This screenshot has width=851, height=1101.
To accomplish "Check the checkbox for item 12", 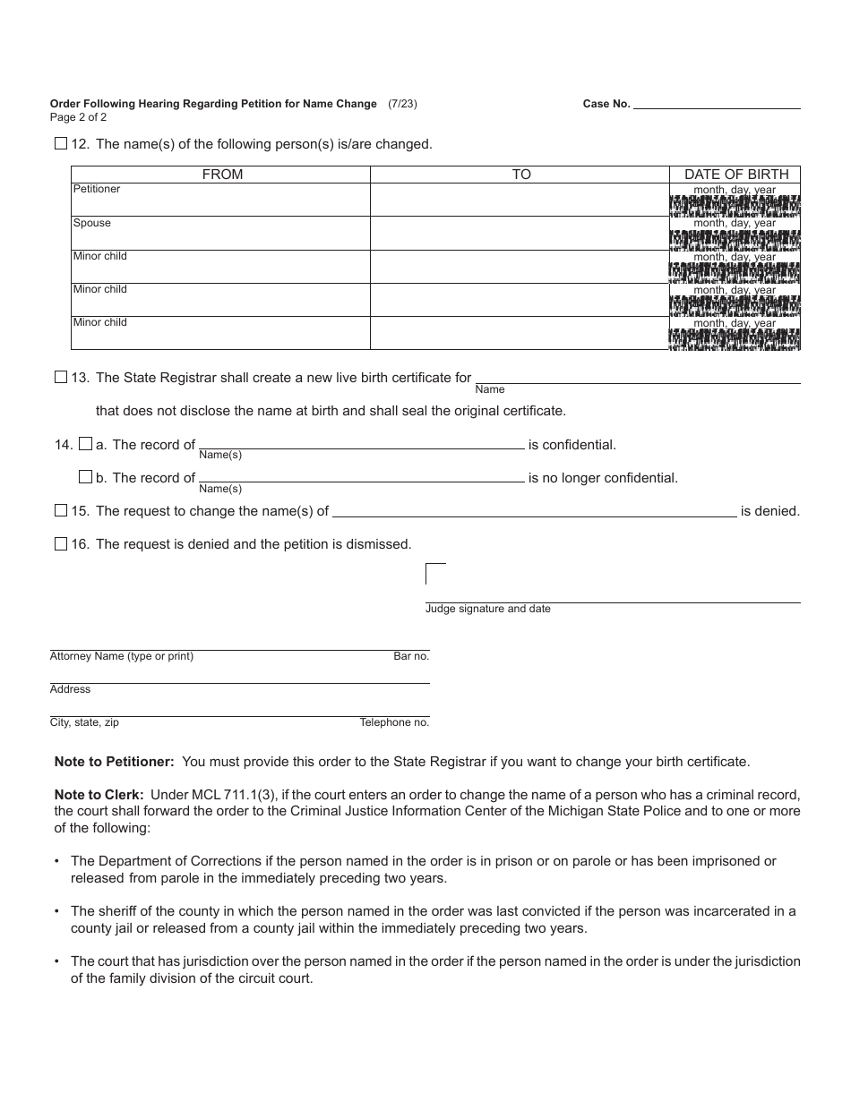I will pyautogui.click(x=61, y=143).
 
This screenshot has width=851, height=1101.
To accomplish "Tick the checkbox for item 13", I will pyautogui.click(x=61, y=378).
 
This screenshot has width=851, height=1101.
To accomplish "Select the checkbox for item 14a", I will pyautogui.click(x=85, y=444).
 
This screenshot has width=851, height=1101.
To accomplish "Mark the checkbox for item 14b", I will pyautogui.click(x=85, y=477).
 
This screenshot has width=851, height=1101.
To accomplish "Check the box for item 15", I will pyautogui.click(x=61, y=511).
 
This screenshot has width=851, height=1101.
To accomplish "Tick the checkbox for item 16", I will pyautogui.click(x=61, y=543).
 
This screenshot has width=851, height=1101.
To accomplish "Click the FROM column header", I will pyautogui.click(x=222, y=175).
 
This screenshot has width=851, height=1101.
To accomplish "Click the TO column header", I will pyautogui.click(x=521, y=175).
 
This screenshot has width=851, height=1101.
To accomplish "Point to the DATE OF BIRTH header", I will pyautogui.click(x=736, y=175).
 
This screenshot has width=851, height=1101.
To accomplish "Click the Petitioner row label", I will pyautogui.click(x=97, y=190).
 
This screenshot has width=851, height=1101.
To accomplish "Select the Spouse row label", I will pyautogui.click(x=92, y=223).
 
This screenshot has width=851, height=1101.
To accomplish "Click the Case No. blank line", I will pyautogui.click(x=717, y=104).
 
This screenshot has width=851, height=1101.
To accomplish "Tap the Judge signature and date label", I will pyautogui.click(x=487, y=609).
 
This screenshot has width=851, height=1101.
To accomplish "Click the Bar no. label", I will pyautogui.click(x=411, y=656).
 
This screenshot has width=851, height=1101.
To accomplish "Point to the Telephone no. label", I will pyautogui.click(x=394, y=722).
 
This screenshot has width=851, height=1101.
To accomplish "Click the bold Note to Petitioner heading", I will pyautogui.click(x=115, y=762).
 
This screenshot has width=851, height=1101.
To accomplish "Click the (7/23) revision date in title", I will pyautogui.click(x=402, y=104).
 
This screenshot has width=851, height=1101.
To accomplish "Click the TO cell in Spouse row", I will pyautogui.click(x=520, y=233).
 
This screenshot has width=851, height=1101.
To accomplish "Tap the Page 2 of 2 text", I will pyautogui.click(x=79, y=117).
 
